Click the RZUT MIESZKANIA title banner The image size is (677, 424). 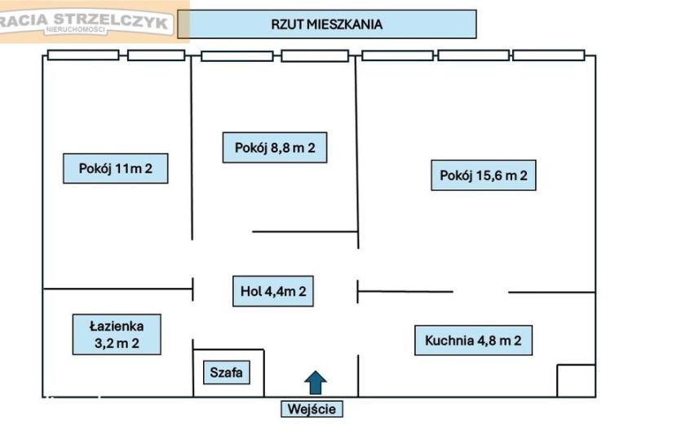[327, 24]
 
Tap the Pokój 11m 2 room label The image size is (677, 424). [115, 169]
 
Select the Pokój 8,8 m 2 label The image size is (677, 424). [275, 148]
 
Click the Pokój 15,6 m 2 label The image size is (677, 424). [483, 175]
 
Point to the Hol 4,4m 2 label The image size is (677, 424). [273, 291]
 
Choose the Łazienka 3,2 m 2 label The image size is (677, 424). [117, 334]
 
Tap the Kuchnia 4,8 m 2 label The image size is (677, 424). [473, 340]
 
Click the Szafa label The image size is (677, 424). [226, 372]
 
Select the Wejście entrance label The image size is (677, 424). [312, 409]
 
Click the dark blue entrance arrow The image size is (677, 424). [316, 382]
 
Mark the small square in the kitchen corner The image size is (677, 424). [577, 381]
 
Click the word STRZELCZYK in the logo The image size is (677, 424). [111, 20]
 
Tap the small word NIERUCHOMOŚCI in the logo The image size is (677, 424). [76, 30]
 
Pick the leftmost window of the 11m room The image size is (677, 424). [83, 55]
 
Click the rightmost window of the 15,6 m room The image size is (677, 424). [548, 55]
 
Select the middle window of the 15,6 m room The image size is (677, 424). [473, 55]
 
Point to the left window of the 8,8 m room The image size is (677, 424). [237, 56]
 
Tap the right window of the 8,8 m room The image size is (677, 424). [315, 55]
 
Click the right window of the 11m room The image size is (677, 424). [157, 55]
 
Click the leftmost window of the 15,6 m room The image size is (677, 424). [397, 55]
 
